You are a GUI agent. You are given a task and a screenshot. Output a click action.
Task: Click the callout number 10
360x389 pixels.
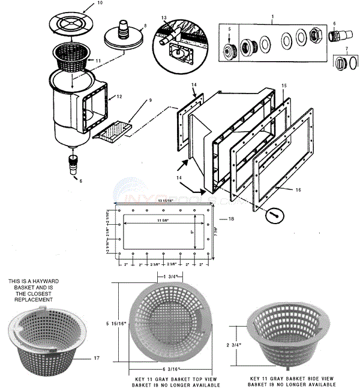click(100, 3)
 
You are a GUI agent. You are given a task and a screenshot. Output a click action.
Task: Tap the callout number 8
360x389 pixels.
click(144, 25)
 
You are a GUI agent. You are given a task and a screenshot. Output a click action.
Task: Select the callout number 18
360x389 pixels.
click(230, 219)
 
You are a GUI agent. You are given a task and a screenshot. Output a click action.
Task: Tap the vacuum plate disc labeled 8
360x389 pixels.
click(125, 37)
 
